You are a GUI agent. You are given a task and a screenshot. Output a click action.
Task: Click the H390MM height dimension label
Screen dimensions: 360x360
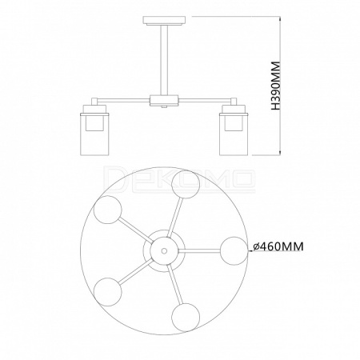pyautogui.click(x=275, y=86)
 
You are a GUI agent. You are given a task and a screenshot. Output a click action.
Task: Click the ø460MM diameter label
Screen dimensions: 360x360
pyautogui.click(x=278, y=246)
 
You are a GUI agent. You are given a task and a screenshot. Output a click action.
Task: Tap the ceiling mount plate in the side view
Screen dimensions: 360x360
pyautogui.click(x=164, y=20)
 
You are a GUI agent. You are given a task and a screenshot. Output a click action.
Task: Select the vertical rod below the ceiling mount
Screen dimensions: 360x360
pyautogui.click(x=164, y=60)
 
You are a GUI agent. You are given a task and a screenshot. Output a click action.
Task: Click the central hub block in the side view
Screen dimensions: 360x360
pyautogui.click(x=164, y=101)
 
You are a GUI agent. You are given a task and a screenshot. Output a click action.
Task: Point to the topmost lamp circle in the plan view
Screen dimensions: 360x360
pyautogui.click(x=186, y=185)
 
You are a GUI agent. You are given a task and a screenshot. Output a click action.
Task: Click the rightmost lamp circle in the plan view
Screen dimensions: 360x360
pyautogui.click(x=234, y=250)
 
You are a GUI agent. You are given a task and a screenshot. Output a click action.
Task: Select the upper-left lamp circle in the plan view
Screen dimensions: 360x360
pyautogui.click(x=108, y=210)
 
